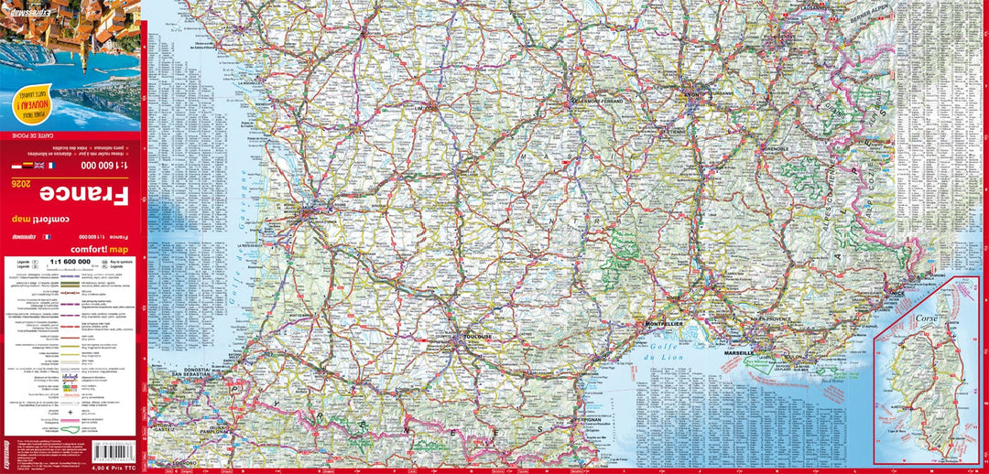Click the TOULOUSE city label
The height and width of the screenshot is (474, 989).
(479, 337)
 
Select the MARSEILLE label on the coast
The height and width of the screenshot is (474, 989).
(739, 352)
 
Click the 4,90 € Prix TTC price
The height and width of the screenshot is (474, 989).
(114, 469)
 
